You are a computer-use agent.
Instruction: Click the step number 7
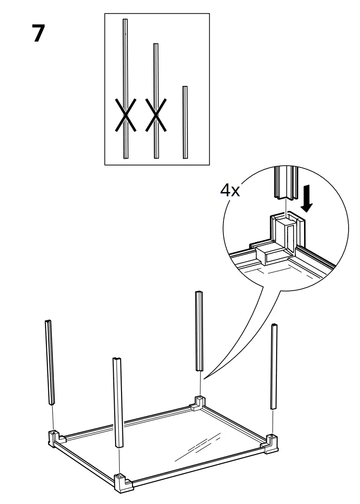tap(39, 35)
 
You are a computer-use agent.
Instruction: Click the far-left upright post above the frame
tap(50, 362)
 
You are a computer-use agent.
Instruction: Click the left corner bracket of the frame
tap(54, 438)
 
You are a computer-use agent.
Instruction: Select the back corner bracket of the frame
tap(198, 403)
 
